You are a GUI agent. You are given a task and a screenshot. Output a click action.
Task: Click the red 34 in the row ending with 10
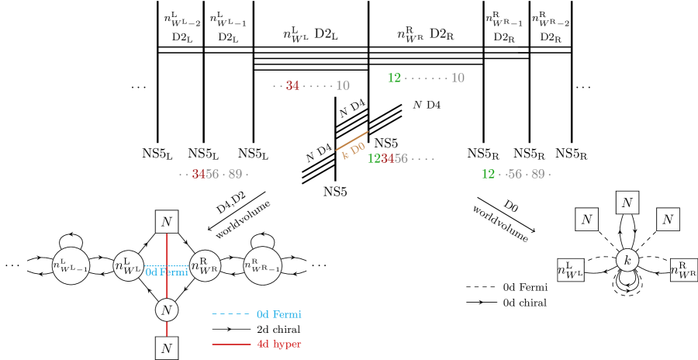point(292,86)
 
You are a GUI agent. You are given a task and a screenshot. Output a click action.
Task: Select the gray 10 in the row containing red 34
point(343,86)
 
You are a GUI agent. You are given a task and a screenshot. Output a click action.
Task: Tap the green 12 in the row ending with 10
point(394,78)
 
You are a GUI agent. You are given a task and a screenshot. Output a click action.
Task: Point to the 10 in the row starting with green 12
point(458,78)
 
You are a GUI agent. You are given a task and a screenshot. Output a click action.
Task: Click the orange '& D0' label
point(354,151)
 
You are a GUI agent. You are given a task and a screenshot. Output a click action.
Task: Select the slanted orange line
point(351,140)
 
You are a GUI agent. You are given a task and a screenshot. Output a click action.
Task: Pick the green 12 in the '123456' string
point(374,159)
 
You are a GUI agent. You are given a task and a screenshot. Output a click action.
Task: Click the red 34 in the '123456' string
point(387,159)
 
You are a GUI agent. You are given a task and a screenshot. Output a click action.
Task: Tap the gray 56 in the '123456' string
point(401,159)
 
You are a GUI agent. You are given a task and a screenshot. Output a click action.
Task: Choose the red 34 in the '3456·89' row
point(199,175)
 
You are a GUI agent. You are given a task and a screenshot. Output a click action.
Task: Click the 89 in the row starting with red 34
point(235,175)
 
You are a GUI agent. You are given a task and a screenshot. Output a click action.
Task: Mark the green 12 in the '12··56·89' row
point(488,175)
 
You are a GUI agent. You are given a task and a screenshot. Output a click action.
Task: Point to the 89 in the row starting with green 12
point(537,175)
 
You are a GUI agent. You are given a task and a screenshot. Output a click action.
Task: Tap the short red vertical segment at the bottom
point(167,329)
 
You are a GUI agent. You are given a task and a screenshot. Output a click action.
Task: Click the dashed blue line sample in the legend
point(230,314)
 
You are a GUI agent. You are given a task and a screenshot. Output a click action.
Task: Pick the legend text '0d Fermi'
point(278,314)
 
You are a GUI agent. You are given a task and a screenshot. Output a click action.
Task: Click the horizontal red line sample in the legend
point(230,344)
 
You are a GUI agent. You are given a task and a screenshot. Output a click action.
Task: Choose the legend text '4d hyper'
point(278,344)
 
